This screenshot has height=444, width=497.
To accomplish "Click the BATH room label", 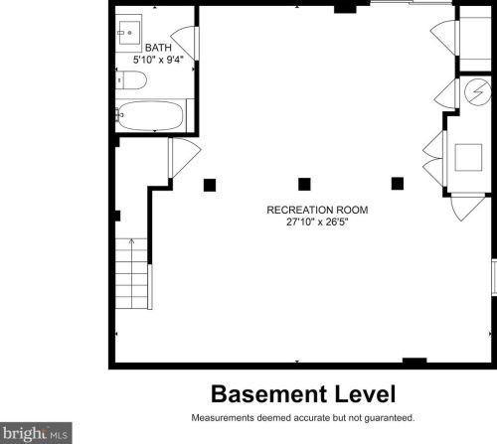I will coord(157,47).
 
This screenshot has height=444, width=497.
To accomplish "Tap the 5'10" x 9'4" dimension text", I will coord(157,59).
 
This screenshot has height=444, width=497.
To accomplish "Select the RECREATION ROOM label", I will coord(303,210).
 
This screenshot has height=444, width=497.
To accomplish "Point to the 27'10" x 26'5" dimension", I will coord(303,222).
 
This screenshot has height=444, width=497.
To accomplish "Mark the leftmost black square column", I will coord(210,184).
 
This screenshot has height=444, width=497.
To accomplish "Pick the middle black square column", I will coord(304,184).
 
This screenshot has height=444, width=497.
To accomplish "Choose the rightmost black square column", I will coord(398,183).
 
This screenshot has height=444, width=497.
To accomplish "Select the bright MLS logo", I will coord(36,433).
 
